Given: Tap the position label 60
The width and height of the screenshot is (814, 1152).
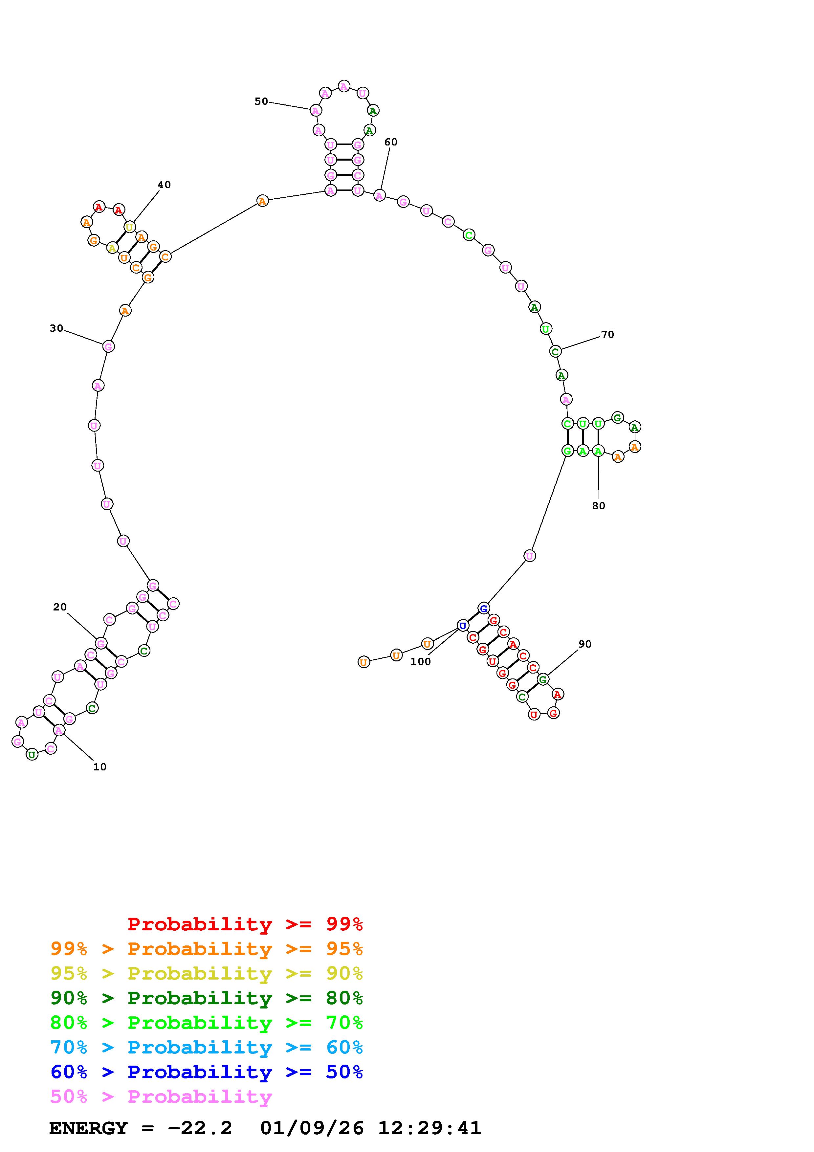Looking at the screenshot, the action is [x=391, y=142].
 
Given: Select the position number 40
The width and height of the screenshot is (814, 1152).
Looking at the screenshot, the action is [x=164, y=185].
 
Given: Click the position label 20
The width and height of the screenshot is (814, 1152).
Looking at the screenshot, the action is [x=60, y=607].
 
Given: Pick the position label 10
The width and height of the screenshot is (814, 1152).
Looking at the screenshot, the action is [x=100, y=767].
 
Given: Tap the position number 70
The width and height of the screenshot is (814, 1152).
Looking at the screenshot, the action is [x=607, y=334].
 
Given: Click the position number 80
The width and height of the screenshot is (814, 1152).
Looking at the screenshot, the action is [x=598, y=506].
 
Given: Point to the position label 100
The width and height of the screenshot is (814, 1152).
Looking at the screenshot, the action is [x=420, y=661].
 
